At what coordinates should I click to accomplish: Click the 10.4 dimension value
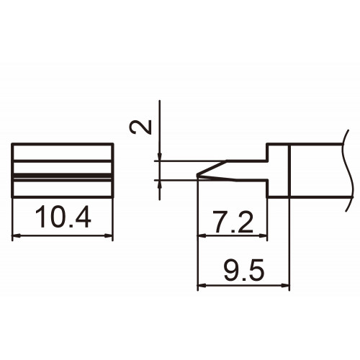pyautogui.click(x=63, y=217)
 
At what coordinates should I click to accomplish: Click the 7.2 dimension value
pyautogui.click(x=233, y=222)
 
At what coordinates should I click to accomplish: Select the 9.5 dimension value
pyautogui.click(x=244, y=270)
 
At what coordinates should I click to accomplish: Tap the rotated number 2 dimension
pyautogui.click(x=140, y=127)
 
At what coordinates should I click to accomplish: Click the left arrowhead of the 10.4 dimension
pyautogui.click(x=16, y=236)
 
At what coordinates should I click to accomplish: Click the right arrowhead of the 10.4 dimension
pyautogui.click(x=109, y=236)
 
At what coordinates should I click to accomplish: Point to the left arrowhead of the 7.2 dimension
pyautogui.click(x=202, y=236)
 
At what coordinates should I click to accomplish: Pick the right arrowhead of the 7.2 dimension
pyautogui.click(x=263, y=236)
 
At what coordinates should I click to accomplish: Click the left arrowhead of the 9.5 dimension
pyautogui.click(x=202, y=286)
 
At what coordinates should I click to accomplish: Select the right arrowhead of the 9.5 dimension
pyautogui.click(x=285, y=286)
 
